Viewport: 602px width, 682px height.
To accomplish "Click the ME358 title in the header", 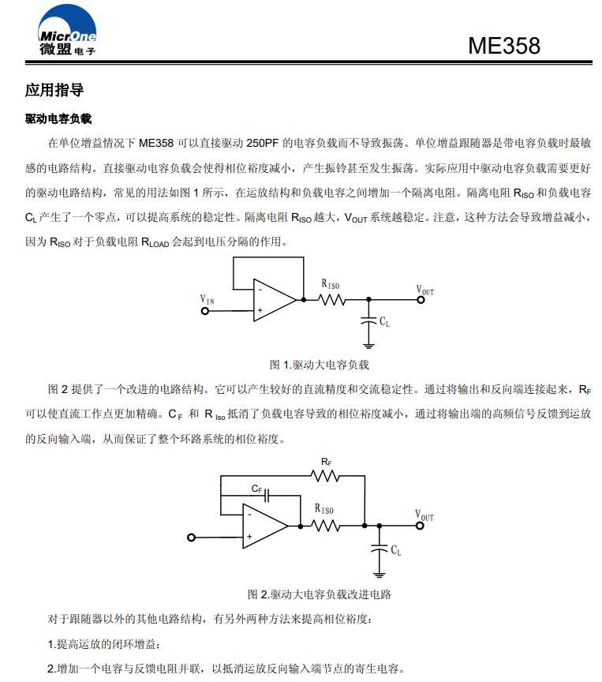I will (x=504, y=46).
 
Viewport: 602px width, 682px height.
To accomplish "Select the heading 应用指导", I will (x=54, y=90).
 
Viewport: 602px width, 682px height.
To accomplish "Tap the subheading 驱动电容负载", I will (x=58, y=119).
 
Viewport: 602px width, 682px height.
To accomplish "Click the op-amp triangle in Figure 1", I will (x=272, y=300).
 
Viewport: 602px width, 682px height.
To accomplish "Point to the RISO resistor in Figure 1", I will (x=332, y=300).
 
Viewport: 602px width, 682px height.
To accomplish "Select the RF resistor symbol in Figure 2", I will (x=325, y=475).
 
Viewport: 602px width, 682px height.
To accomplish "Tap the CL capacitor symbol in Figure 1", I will (x=368, y=320).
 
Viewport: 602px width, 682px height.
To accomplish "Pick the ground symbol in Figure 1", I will (x=368, y=344).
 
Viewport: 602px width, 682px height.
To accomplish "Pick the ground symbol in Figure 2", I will (x=380, y=573).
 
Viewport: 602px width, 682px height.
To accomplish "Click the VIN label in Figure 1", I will (x=207, y=300).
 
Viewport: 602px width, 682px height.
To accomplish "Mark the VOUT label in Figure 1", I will (x=425, y=290).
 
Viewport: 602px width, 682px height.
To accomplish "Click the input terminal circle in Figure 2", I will (x=191, y=538).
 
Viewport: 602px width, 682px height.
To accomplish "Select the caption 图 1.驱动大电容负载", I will (x=320, y=365).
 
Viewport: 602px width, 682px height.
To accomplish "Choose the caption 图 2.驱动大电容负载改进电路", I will (x=320, y=594).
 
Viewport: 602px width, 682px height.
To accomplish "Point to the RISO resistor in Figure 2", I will (x=327, y=525).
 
